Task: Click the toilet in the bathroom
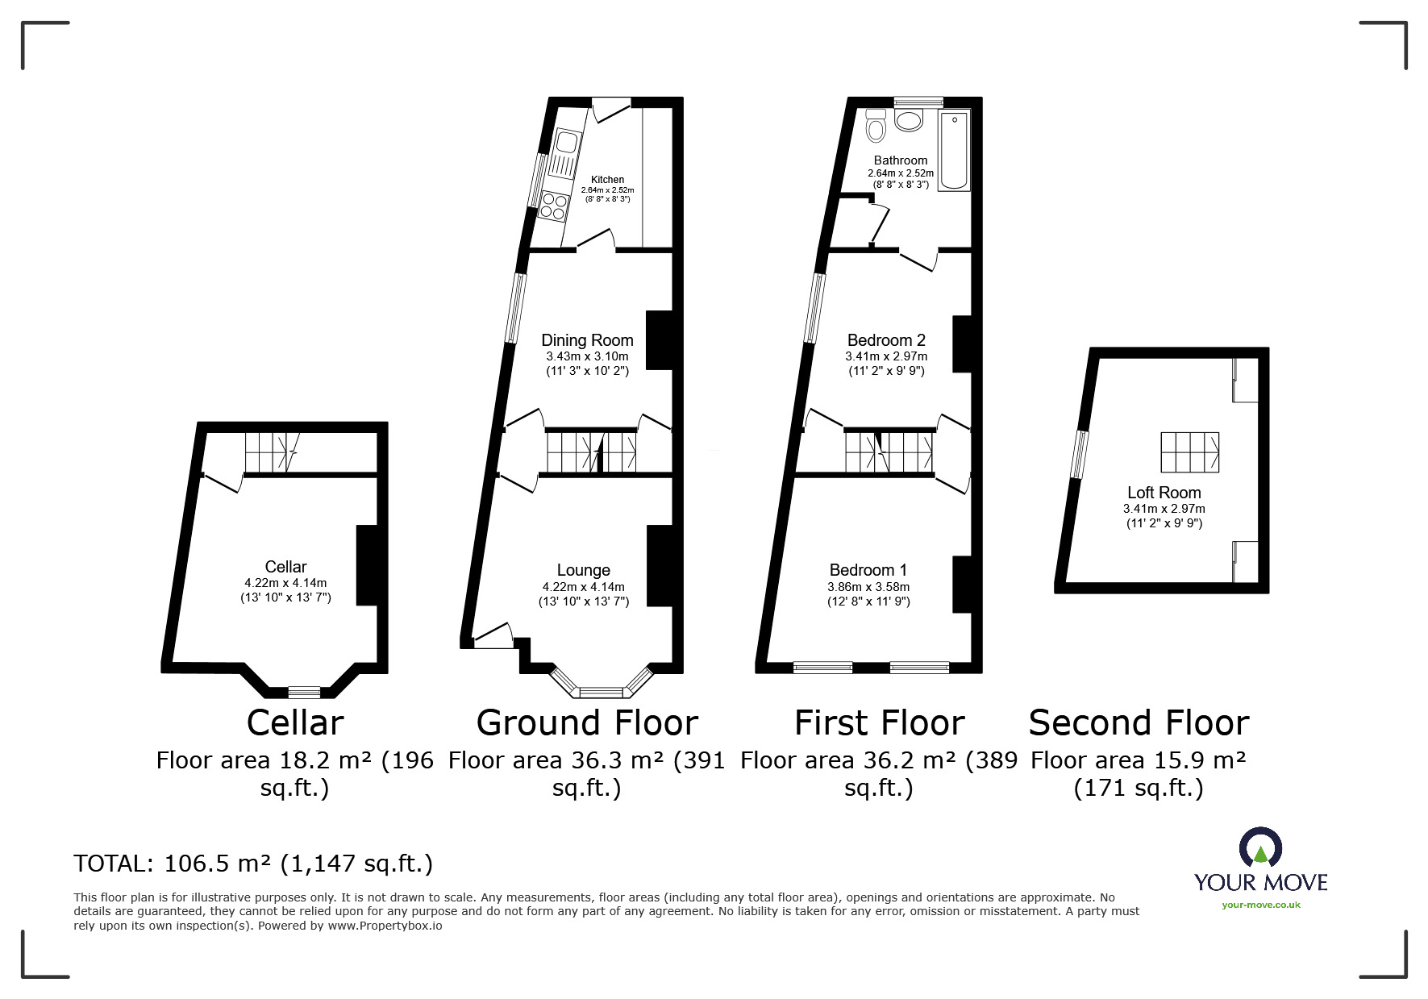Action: point(876,127)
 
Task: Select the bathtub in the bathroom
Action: point(955,151)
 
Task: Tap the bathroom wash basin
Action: point(910,121)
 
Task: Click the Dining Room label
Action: point(587,340)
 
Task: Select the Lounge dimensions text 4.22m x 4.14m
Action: point(583,587)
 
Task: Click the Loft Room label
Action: point(1164,493)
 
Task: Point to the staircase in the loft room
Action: point(1189,452)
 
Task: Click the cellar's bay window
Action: point(304,691)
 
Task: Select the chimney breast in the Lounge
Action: point(659,565)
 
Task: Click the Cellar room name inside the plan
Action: point(285,567)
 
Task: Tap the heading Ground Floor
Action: point(587,722)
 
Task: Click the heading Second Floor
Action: point(1139,722)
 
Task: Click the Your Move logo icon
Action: point(1260,847)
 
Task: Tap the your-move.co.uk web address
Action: point(1260,905)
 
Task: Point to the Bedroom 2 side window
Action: point(816,309)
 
